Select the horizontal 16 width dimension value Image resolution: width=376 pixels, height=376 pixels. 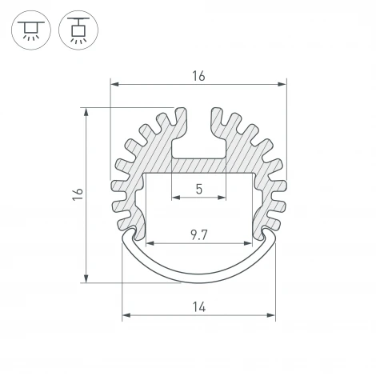198,76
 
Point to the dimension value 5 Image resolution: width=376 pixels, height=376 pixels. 198,191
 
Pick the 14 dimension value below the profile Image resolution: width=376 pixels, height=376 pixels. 198,306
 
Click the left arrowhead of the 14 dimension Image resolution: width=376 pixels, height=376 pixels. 125,316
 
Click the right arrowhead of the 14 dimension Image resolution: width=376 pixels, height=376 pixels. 271,316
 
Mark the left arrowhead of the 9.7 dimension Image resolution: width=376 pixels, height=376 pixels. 148,243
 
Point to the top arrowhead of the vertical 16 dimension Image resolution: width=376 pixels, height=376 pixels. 86,110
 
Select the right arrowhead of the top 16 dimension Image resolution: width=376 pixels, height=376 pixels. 282,84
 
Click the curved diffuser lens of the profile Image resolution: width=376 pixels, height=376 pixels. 198,272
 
